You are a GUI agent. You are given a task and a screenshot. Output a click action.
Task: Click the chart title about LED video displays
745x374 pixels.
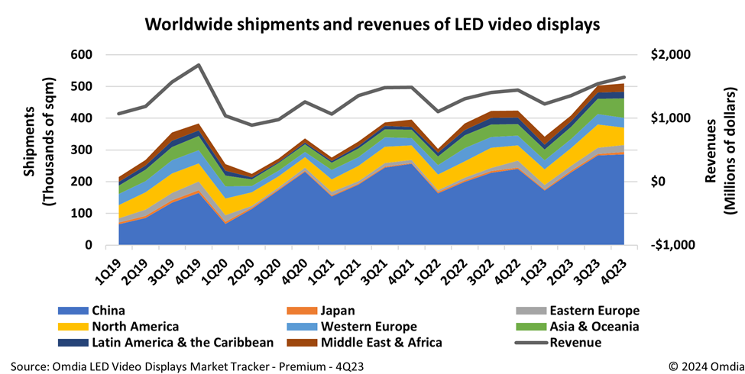point(372,24)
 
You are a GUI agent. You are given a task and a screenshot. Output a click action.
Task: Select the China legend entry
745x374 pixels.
point(109,311)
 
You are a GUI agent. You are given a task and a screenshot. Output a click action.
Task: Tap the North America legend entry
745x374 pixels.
point(134,327)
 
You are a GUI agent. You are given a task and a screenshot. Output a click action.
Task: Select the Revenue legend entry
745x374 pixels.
point(574,343)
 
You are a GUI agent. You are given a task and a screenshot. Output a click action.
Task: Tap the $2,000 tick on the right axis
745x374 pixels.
point(669,55)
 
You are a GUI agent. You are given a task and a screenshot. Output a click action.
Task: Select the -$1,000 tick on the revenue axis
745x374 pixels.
point(669,245)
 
